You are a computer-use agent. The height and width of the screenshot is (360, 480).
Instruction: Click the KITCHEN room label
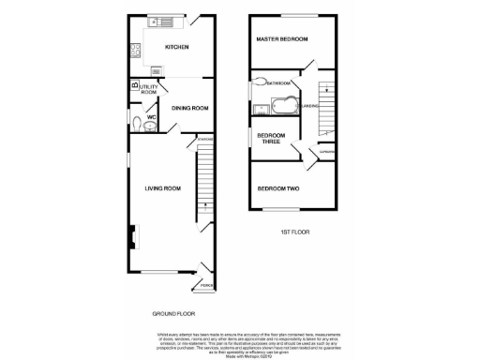(176, 47)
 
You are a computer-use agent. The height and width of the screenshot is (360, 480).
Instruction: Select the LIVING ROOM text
(162, 188)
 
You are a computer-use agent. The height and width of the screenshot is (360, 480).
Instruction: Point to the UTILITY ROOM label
(149, 90)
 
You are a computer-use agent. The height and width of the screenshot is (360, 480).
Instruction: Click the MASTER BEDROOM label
(283, 39)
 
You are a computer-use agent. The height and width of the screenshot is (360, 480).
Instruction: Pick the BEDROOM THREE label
(270, 139)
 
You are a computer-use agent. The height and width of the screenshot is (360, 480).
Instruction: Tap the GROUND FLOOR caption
(174, 312)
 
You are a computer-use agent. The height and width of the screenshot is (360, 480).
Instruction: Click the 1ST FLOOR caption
(294, 232)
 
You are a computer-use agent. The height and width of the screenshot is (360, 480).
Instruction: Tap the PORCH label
(205, 285)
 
